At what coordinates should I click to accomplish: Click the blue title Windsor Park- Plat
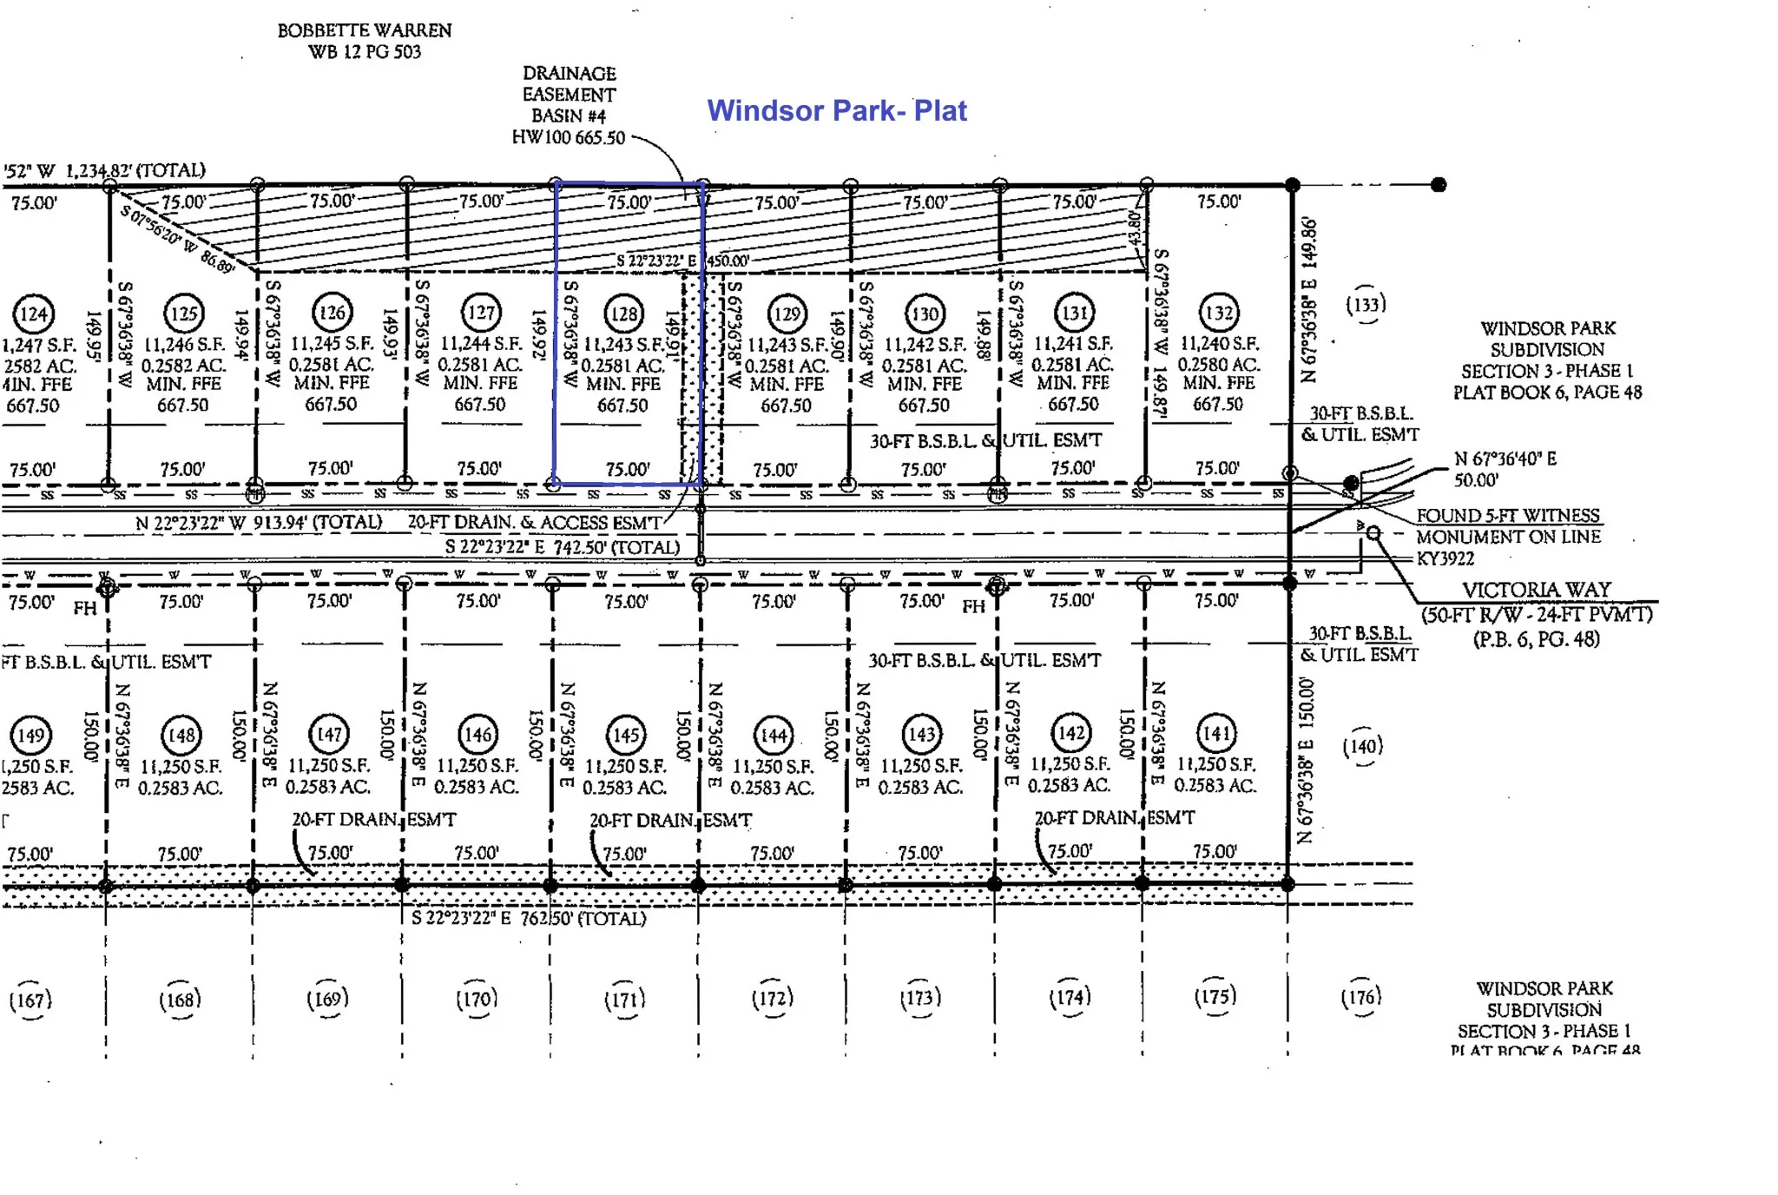(836, 110)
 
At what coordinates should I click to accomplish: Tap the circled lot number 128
(624, 314)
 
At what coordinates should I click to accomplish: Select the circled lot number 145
(626, 735)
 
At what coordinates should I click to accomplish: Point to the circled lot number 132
(1219, 314)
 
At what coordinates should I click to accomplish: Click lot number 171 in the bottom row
(625, 1000)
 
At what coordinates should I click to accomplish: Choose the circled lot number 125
(183, 314)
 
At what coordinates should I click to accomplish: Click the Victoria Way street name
(1536, 590)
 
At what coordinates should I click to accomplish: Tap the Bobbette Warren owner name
(364, 30)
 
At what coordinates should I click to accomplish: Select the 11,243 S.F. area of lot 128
(623, 345)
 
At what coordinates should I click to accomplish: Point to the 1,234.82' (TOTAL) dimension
(135, 170)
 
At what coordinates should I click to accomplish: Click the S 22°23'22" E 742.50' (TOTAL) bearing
(562, 547)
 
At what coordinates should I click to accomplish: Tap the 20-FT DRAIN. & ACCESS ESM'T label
(534, 522)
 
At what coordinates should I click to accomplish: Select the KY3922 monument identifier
(1445, 558)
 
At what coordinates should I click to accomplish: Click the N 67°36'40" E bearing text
(1505, 459)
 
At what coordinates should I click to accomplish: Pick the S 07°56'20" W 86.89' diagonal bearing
(177, 238)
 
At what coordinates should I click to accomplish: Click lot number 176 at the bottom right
(1360, 997)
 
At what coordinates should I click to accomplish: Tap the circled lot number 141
(1215, 734)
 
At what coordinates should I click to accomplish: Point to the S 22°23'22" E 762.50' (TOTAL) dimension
(528, 918)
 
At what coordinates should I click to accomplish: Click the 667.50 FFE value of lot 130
(924, 405)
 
